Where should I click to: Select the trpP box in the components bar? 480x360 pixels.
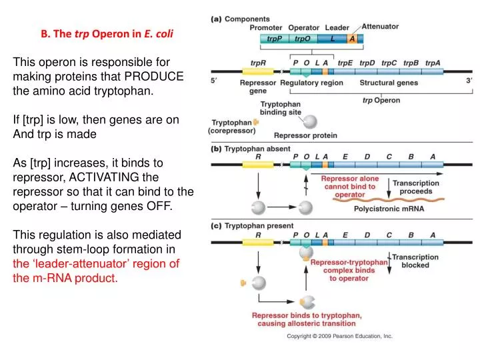(275, 39)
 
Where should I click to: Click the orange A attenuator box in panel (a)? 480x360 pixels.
(352, 39)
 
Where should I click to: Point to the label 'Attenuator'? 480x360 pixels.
(380, 27)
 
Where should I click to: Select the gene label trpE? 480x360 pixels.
(345, 63)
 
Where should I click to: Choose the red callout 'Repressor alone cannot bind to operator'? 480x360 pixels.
(349, 187)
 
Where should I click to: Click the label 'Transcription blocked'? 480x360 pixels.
(415, 261)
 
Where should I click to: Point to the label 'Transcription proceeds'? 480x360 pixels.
(415, 187)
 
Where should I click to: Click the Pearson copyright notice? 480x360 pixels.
(339, 337)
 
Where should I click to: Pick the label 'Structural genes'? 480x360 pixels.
(389, 83)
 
